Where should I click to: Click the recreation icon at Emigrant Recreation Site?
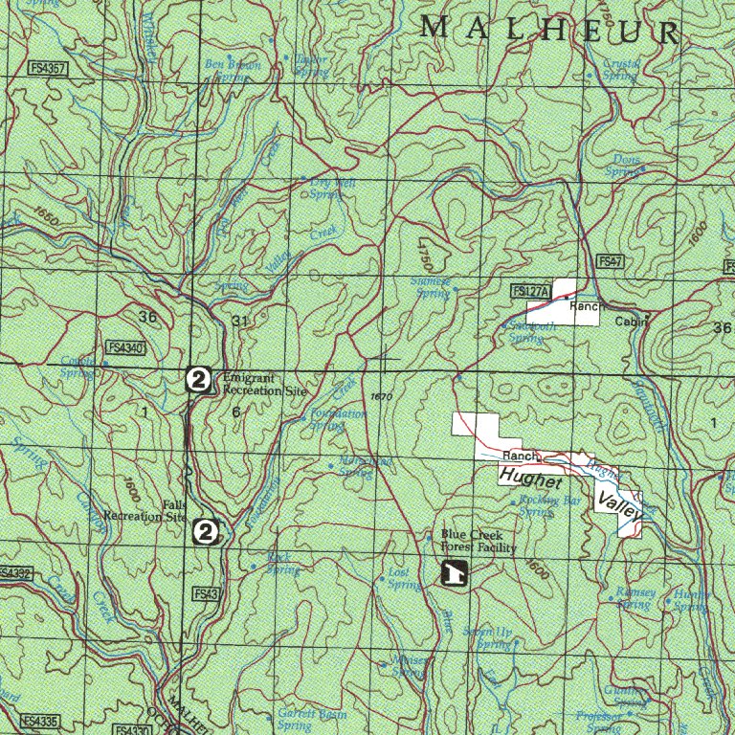coord(198,380)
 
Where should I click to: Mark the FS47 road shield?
coord(611,261)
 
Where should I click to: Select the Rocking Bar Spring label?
coord(549,505)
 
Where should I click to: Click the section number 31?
coord(239,321)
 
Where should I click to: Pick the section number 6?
coord(235,412)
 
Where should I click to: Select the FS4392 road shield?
coord(15,573)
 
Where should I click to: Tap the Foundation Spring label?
coord(338,419)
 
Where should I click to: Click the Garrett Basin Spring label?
coord(311,719)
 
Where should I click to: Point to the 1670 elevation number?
coord(380,396)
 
